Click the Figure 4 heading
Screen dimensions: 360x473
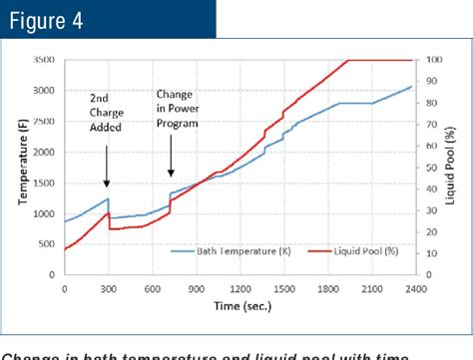coord(50,21)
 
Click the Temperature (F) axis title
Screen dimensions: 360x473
coord(22,166)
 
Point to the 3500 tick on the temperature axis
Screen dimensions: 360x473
coord(45,60)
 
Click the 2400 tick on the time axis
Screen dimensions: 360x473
coord(410,288)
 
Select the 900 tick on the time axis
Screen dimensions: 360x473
coord(194,288)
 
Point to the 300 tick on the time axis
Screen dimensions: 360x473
coord(107,288)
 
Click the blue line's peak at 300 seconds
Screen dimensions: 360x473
coord(107,198)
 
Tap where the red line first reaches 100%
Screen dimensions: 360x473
coord(347,60)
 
